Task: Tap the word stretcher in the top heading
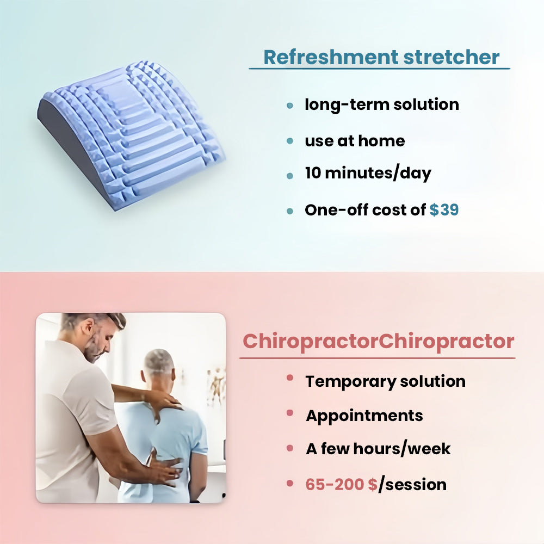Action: click(452, 57)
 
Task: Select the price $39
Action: click(444, 209)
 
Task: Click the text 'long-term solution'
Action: click(382, 105)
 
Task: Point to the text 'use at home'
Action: click(355, 141)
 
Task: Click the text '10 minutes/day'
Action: click(368, 173)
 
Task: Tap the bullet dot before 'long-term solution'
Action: click(290, 106)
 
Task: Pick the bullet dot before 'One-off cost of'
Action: click(290, 211)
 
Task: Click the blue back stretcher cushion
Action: click(131, 135)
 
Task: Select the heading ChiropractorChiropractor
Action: click(378, 342)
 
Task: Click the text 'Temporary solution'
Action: click(386, 381)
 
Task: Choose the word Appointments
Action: click(364, 416)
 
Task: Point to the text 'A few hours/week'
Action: click(378, 449)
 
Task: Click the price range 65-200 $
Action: click(342, 484)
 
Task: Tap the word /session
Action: click(412, 484)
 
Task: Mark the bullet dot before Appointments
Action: click(290, 413)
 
